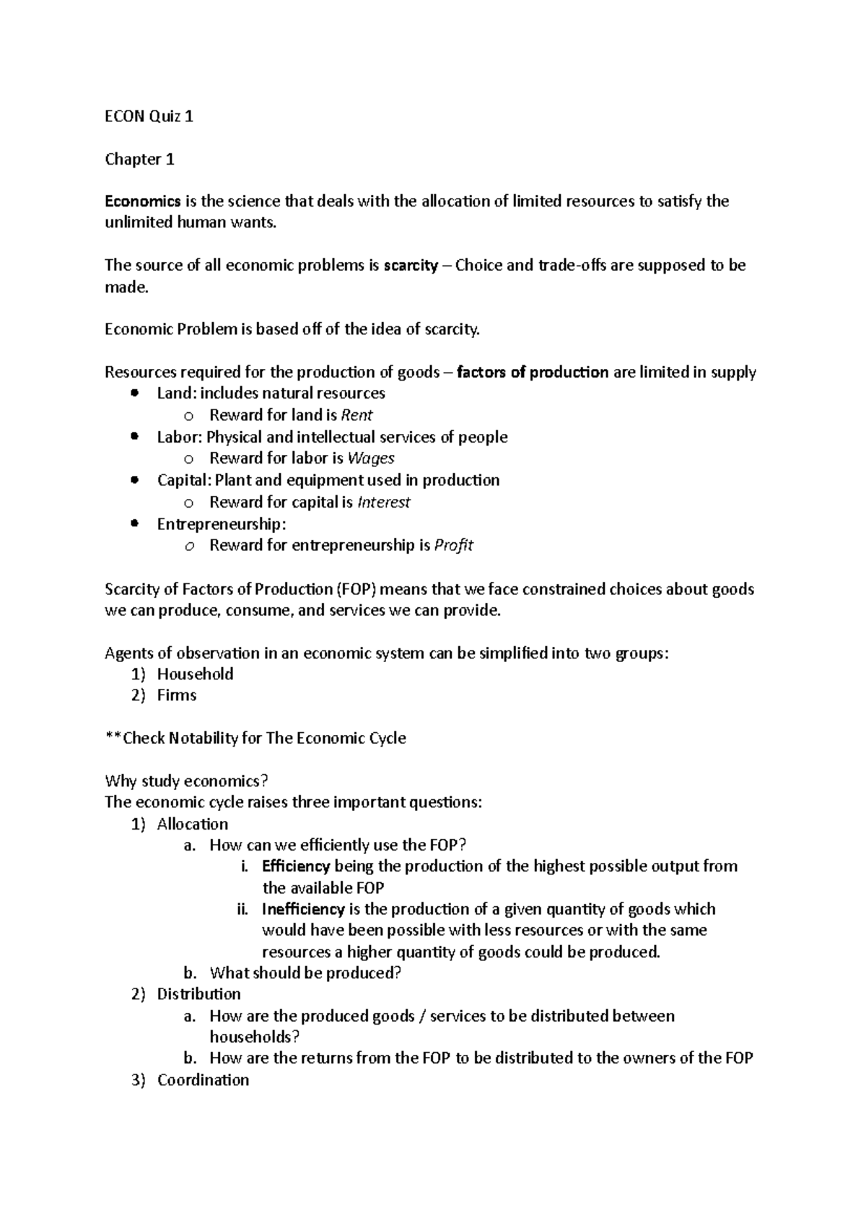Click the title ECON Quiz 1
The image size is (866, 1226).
149,116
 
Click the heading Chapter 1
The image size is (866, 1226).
140,159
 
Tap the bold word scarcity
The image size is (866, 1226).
411,265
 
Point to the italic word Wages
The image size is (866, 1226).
371,458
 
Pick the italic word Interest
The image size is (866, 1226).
384,502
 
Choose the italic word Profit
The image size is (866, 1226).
453,545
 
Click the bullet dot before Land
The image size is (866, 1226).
134,394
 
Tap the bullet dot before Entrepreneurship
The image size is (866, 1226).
134,523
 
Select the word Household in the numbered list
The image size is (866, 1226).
195,674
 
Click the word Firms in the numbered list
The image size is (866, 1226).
177,695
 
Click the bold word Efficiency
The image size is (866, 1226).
296,866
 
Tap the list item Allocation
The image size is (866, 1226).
193,824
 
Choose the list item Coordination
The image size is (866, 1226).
203,1079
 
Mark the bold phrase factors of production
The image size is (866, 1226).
533,373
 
